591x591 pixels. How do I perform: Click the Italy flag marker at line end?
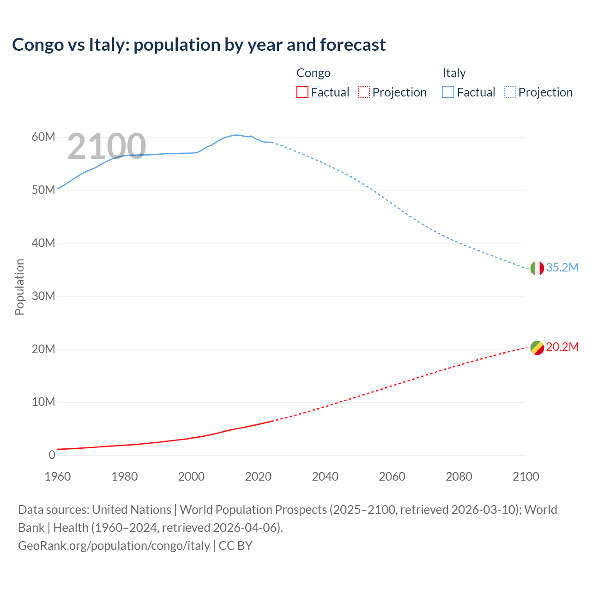537,268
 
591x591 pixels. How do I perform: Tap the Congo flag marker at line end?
537,348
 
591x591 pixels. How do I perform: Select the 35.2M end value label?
562,268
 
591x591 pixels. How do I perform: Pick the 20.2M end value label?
562,347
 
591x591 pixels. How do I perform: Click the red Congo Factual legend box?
302,92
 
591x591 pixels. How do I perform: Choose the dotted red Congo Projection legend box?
364,92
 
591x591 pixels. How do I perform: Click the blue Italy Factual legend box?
448,92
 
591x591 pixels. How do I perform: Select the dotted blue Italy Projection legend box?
510,92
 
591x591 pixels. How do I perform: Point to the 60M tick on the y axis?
43,137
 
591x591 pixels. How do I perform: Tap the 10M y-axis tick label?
43,402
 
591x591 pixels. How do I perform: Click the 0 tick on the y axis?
52,455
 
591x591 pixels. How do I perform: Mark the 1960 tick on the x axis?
58,476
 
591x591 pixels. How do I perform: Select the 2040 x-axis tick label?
325,476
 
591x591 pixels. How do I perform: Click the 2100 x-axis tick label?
525,476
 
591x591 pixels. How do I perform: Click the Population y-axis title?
19,287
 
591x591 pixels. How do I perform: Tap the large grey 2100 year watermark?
107,146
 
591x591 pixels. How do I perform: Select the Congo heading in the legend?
314,73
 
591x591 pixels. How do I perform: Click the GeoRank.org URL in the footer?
114,546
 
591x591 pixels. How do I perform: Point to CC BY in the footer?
235,546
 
